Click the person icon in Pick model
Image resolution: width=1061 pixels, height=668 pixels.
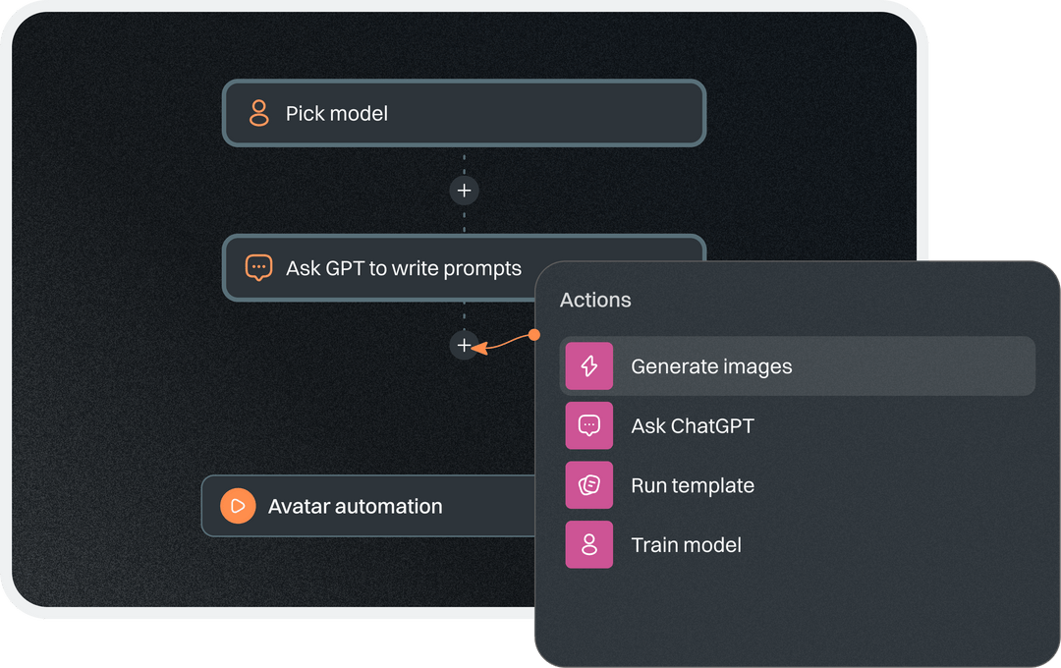coord(258,113)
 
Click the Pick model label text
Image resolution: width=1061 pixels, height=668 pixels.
coord(336,114)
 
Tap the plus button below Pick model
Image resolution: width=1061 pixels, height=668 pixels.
coord(464,191)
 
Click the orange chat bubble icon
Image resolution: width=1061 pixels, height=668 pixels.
coord(258,267)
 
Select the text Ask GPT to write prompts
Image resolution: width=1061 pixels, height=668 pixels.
coord(403,268)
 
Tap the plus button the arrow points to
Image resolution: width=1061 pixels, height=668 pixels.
coord(464,346)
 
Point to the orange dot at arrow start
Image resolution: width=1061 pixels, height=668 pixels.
coord(534,335)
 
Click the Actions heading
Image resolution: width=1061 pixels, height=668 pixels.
coord(595,301)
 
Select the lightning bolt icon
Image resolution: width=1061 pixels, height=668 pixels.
coord(589,366)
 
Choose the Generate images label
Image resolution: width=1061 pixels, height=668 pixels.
coord(711,367)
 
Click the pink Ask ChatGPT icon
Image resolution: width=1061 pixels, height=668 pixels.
coord(589,425)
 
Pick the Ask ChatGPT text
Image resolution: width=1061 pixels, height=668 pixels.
coord(693,426)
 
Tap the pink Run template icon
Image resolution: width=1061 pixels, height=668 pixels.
coord(589,485)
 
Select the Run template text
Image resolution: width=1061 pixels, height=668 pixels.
coord(693,486)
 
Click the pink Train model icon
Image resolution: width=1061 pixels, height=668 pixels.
coord(589,544)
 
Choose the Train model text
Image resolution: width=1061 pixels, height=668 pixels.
coord(686,545)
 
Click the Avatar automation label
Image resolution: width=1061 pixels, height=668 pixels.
coord(355,507)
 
